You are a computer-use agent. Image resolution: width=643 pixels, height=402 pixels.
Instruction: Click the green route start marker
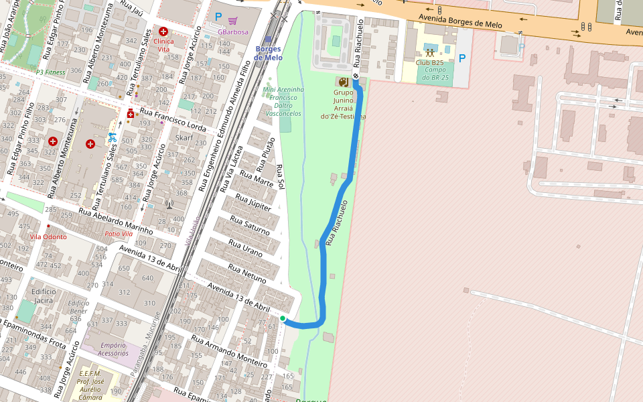[283, 319]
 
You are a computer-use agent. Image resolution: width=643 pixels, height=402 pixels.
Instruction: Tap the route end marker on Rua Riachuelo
[356, 76]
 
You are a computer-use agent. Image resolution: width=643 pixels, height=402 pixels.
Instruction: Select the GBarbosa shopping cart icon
[232, 20]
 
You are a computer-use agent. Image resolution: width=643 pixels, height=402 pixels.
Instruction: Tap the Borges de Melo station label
[268, 54]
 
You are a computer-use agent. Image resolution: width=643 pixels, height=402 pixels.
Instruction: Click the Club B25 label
[429, 62]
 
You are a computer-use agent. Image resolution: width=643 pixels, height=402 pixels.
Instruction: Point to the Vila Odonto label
[48, 237]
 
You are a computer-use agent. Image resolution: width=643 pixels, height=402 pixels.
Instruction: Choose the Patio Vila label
[119, 234]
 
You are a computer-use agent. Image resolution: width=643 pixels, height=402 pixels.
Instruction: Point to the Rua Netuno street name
[247, 272]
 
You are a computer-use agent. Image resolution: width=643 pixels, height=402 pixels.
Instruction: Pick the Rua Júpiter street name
[253, 202]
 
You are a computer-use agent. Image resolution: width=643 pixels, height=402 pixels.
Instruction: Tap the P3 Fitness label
[50, 72]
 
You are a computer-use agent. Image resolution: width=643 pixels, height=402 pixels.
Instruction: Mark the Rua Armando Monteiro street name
[229, 352]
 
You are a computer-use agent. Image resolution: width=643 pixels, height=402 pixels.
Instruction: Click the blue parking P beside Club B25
[461, 59]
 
